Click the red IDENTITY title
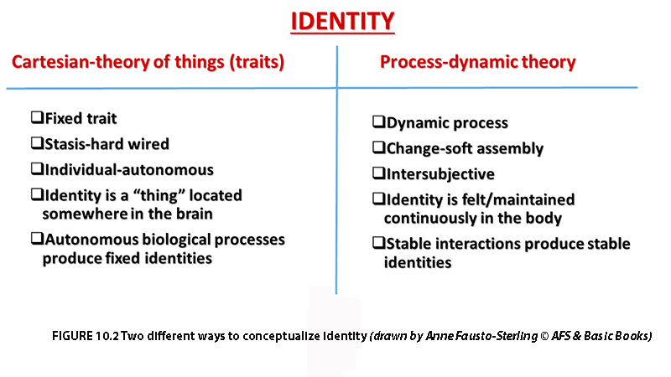coord(342,22)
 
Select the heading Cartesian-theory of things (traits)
coord(148,62)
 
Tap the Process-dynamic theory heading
coord(477,62)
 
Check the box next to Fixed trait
coord(37,117)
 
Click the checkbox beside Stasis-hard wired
coord(37,142)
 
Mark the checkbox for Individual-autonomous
coord(37,168)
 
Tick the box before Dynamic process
coord(379,121)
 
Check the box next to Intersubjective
coord(379,173)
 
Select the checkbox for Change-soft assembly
coord(379,147)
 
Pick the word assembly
coord(510,149)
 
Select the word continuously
coord(430,219)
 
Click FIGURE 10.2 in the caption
coord(86,336)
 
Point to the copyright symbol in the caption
coord(544,336)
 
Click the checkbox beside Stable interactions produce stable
coord(379,243)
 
